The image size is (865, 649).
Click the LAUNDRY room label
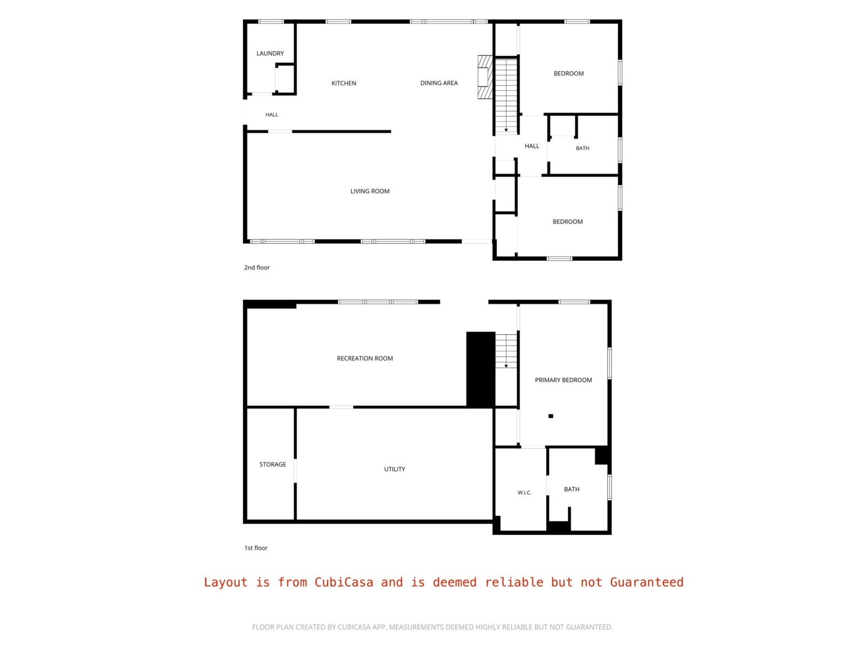(x=270, y=53)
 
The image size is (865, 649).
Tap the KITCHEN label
(x=344, y=83)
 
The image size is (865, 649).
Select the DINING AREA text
(x=439, y=83)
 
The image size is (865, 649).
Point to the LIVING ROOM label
(x=370, y=191)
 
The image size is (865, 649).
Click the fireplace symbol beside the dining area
(x=485, y=77)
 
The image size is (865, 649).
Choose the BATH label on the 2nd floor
(x=582, y=148)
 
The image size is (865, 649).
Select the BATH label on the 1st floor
(x=571, y=489)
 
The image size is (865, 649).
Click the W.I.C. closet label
(x=524, y=493)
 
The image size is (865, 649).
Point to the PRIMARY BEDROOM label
(x=563, y=380)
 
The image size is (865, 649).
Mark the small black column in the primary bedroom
(x=551, y=416)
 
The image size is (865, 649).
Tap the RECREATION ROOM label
(x=365, y=358)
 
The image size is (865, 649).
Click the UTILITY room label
(x=395, y=469)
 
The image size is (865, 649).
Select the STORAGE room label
(x=272, y=464)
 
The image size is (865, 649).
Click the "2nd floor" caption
(x=257, y=268)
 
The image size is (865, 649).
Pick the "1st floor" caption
(x=256, y=548)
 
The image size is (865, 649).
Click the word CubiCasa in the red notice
(x=344, y=582)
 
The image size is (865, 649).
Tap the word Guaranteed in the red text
(x=647, y=582)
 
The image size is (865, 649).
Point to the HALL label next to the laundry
(x=271, y=115)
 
